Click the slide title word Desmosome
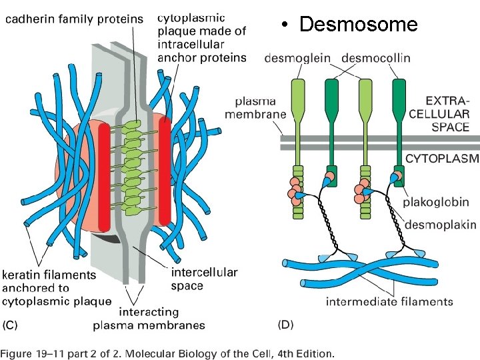[x=359, y=25]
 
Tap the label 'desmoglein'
[x=297, y=59]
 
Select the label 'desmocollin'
[x=376, y=59]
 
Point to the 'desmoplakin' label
[x=441, y=225]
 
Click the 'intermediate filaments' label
[x=389, y=302]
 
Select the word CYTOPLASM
[x=442, y=159]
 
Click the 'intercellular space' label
[x=204, y=279]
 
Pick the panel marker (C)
[x=13, y=325]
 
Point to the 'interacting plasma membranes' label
[x=149, y=319]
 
